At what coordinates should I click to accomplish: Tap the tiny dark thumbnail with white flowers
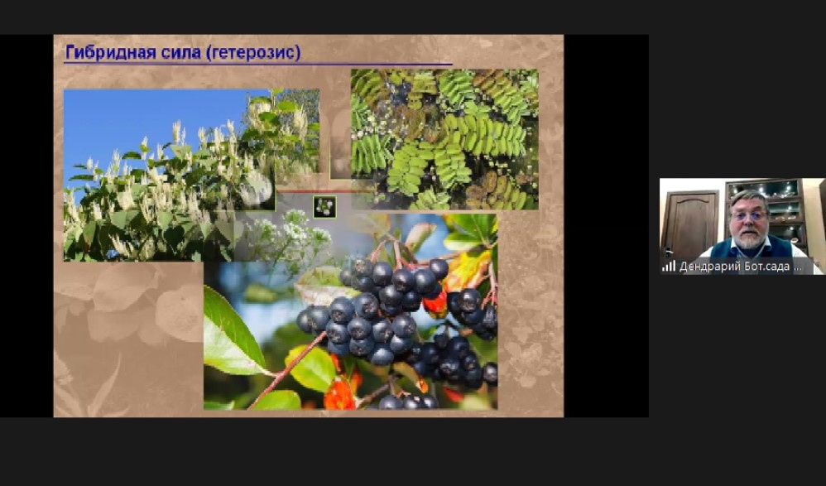click(324, 206)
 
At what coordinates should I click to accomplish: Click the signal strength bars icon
click(669, 266)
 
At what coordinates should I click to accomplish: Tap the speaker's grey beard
click(750, 239)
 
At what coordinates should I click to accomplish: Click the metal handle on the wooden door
click(668, 252)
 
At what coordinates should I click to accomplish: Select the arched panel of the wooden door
click(689, 222)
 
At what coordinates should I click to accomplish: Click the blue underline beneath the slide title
click(258, 64)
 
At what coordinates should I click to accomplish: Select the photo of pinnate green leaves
click(444, 140)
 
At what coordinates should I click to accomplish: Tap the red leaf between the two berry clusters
click(435, 304)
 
